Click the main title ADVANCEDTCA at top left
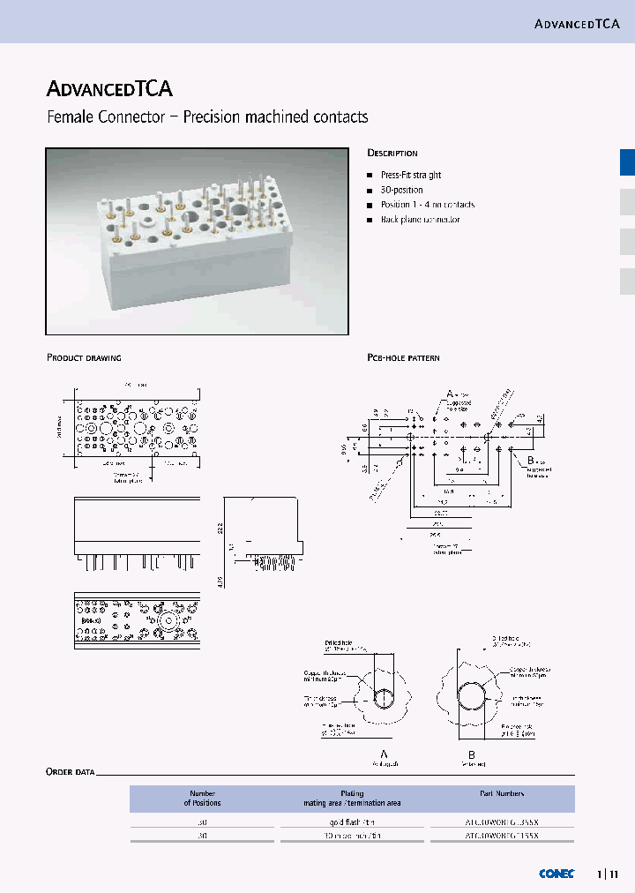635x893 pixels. point(109,88)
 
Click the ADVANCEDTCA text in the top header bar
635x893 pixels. point(577,23)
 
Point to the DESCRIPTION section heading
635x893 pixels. point(392,154)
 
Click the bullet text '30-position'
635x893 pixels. point(402,190)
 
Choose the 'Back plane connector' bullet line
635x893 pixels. point(421,219)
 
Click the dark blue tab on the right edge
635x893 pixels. point(627,163)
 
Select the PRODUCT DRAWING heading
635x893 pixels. point(84,358)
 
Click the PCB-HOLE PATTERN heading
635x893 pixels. point(403,358)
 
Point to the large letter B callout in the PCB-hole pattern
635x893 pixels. point(531,461)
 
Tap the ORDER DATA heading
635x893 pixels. point(71,772)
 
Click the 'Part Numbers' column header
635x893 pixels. point(501,794)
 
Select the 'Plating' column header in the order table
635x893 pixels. point(352,794)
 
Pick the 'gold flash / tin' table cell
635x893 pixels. point(352,822)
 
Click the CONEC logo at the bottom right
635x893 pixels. point(557,874)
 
